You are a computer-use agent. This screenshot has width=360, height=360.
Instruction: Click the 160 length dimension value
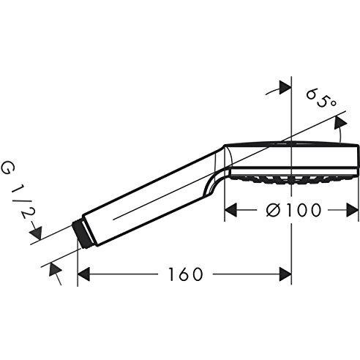186,274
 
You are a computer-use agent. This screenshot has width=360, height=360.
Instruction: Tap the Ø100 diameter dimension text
293,210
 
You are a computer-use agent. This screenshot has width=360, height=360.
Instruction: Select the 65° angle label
322,98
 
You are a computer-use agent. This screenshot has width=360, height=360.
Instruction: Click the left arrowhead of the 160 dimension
83,274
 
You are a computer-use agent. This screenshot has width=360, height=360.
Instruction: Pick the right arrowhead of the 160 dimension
285,274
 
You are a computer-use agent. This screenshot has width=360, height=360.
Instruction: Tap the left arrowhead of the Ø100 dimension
230,210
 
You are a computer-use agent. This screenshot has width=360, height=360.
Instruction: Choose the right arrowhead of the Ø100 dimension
353,210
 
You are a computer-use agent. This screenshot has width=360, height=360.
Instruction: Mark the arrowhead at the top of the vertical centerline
285,88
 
